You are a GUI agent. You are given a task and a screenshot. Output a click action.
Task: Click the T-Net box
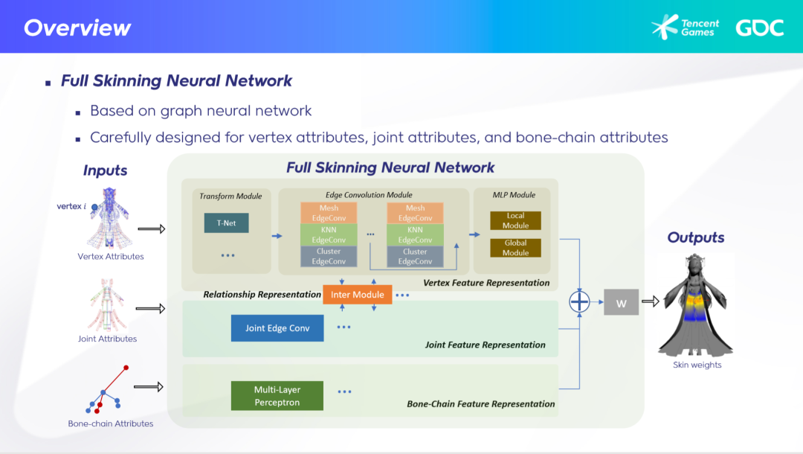click(x=226, y=223)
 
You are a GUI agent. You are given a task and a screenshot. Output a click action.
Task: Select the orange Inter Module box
click(x=357, y=295)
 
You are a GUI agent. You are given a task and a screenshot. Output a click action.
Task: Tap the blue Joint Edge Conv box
click(x=277, y=328)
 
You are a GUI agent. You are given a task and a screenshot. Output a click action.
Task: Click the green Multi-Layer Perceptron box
click(x=277, y=395)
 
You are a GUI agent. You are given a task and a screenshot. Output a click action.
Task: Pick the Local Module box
click(x=515, y=220)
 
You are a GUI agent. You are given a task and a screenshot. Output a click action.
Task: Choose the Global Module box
click(x=515, y=248)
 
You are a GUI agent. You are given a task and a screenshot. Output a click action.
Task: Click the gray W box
click(x=621, y=302)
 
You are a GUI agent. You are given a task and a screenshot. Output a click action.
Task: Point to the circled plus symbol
click(x=579, y=302)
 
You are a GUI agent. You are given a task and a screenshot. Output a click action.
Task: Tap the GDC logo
click(x=759, y=28)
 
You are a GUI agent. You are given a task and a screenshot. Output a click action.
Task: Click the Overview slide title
click(x=77, y=28)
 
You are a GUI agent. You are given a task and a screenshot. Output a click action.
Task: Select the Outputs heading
click(x=695, y=238)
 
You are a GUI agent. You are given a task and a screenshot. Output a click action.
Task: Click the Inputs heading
click(x=105, y=170)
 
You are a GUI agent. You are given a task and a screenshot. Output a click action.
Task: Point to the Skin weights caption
click(x=697, y=365)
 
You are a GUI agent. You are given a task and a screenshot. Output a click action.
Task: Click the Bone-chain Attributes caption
click(x=110, y=423)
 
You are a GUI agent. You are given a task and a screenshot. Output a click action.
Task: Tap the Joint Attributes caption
click(x=107, y=339)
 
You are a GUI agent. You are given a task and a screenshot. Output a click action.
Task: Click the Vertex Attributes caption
click(x=110, y=257)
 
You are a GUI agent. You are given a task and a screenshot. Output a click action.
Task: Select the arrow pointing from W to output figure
click(x=651, y=301)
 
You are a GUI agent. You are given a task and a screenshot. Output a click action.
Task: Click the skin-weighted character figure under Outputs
click(x=697, y=305)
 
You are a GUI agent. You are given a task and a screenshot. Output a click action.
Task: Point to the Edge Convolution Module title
click(x=369, y=195)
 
